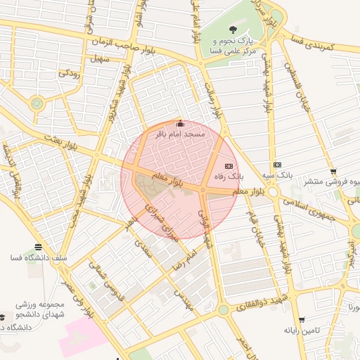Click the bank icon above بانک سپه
click(x=277, y=164)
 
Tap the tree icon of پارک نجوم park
click(x=233, y=29)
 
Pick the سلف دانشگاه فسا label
click(x=38, y=257)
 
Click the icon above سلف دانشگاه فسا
click(x=38, y=247)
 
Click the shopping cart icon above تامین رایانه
click(x=302, y=319)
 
